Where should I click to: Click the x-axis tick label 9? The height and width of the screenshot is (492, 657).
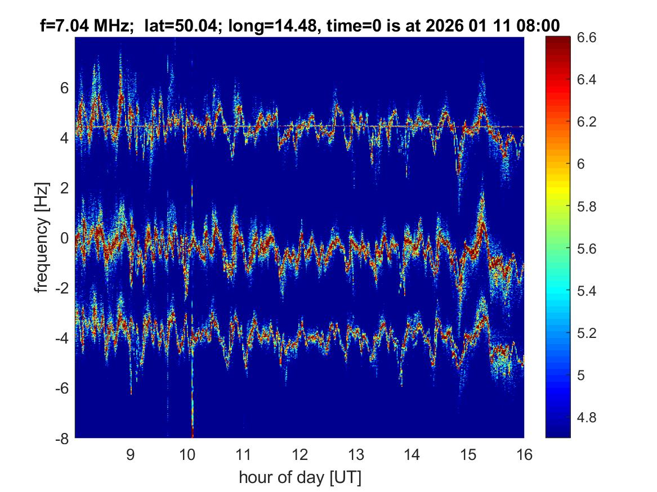131,454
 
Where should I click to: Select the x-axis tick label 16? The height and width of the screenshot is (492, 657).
524,454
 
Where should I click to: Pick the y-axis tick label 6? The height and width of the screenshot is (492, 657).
65,88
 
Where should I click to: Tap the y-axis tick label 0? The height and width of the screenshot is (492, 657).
65,238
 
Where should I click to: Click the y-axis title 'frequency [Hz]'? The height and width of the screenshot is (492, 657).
41,237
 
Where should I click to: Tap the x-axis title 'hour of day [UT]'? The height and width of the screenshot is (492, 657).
300,478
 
